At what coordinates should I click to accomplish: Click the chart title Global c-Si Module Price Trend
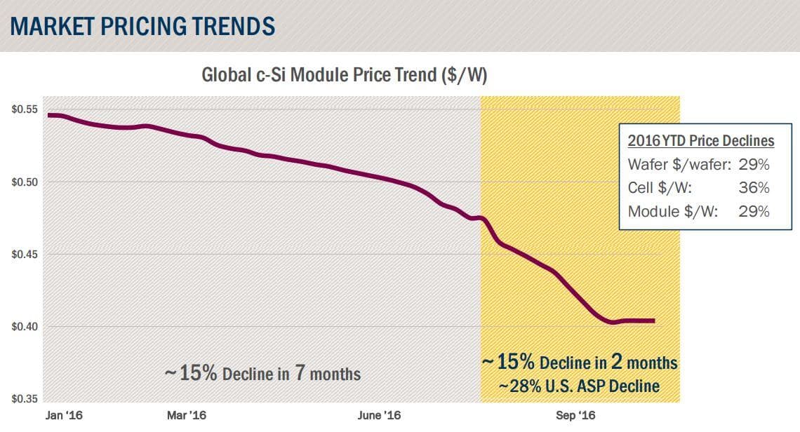click(x=344, y=75)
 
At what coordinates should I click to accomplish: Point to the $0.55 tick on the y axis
click(x=24, y=110)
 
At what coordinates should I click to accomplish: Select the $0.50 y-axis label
click(x=24, y=182)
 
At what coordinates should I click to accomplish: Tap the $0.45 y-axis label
click(x=24, y=255)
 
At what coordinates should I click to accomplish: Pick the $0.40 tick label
click(x=24, y=327)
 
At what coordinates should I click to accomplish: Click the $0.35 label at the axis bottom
click(x=24, y=399)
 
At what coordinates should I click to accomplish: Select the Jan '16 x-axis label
click(x=64, y=416)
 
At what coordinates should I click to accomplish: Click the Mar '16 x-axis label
click(x=187, y=416)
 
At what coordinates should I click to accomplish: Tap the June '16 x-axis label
click(x=379, y=416)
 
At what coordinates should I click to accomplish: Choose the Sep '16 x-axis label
click(x=575, y=416)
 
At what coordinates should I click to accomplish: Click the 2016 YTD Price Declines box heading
click(x=700, y=141)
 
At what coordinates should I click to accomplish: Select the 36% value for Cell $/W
click(x=754, y=188)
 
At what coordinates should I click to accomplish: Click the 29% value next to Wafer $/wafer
click(x=754, y=165)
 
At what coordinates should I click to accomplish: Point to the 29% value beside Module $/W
click(x=754, y=211)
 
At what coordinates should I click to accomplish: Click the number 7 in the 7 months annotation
click(x=299, y=372)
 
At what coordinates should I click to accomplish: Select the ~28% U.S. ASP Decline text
click(x=579, y=386)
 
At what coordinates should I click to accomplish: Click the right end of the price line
click(x=654, y=321)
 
